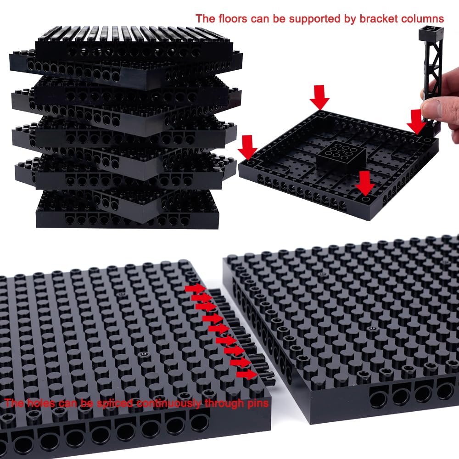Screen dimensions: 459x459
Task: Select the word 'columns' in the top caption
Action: [x=422, y=19]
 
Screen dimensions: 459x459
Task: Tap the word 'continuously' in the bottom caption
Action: [x=169, y=403]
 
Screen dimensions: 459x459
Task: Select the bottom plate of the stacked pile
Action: [x=127, y=209]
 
